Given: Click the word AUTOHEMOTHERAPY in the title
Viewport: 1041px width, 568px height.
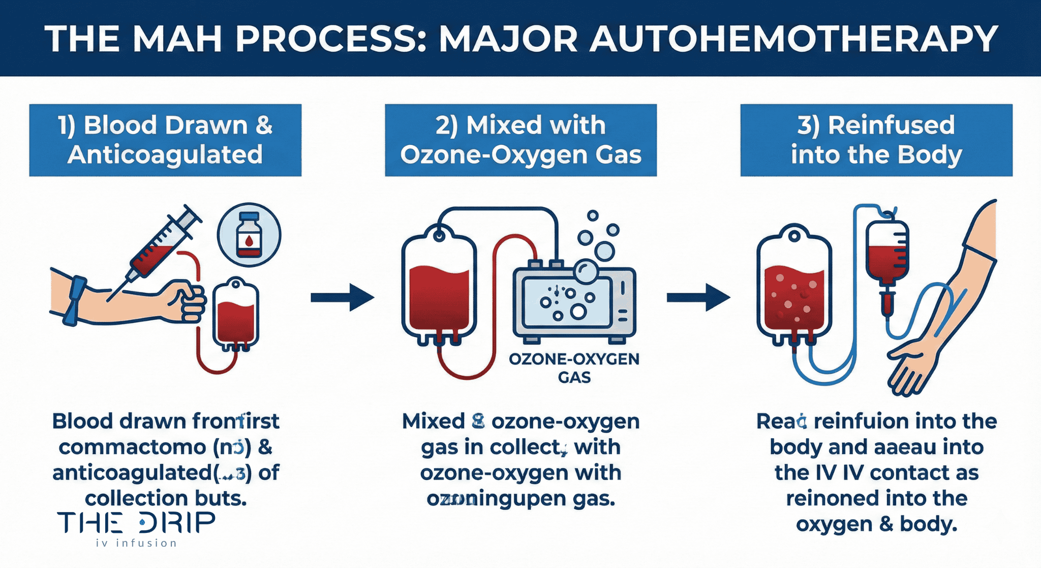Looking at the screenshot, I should [794, 39].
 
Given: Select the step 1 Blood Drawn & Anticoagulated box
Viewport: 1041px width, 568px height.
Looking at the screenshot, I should [165, 140].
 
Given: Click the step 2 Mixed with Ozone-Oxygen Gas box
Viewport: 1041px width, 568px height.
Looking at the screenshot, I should [520, 140].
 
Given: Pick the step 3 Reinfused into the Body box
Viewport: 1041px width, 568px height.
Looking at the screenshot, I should [876, 140].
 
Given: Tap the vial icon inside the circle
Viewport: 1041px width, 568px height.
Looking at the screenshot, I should [249, 235].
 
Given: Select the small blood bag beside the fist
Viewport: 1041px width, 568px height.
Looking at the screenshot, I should [235, 315].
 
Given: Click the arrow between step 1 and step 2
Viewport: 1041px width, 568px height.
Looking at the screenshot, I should [342, 297].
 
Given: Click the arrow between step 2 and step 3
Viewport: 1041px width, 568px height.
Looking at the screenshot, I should [698, 297].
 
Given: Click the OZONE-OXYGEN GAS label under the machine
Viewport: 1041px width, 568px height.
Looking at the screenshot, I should [574, 368].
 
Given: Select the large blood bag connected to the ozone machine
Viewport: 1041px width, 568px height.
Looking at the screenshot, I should [439, 290].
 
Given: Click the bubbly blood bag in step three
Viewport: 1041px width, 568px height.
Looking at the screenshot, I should [793, 290].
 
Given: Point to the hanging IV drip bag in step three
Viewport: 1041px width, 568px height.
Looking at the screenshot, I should [887, 254].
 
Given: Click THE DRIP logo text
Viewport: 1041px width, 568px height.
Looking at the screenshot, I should [136, 523].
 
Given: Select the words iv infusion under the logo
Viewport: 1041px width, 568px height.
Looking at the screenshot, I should [136, 543].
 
